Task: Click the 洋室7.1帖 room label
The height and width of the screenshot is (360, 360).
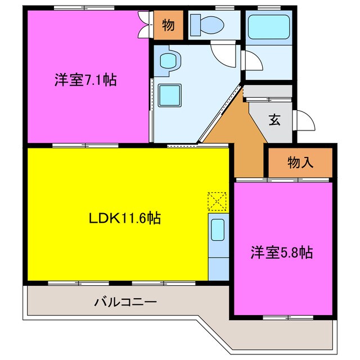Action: click(x=85, y=80)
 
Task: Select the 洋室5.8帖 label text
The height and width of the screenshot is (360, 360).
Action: click(x=281, y=253)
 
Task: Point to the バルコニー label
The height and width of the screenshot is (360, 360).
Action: click(x=125, y=302)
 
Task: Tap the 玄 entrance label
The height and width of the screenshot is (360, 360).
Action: click(x=274, y=120)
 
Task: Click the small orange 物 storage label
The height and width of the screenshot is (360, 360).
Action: click(x=167, y=25)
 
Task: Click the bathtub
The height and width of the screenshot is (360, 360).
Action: click(x=268, y=27)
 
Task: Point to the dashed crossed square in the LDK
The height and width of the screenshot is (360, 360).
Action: click(x=216, y=200)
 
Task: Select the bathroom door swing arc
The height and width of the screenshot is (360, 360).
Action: click(x=251, y=60)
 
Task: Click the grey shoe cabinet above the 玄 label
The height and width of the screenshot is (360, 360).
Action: click(x=268, y=91)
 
